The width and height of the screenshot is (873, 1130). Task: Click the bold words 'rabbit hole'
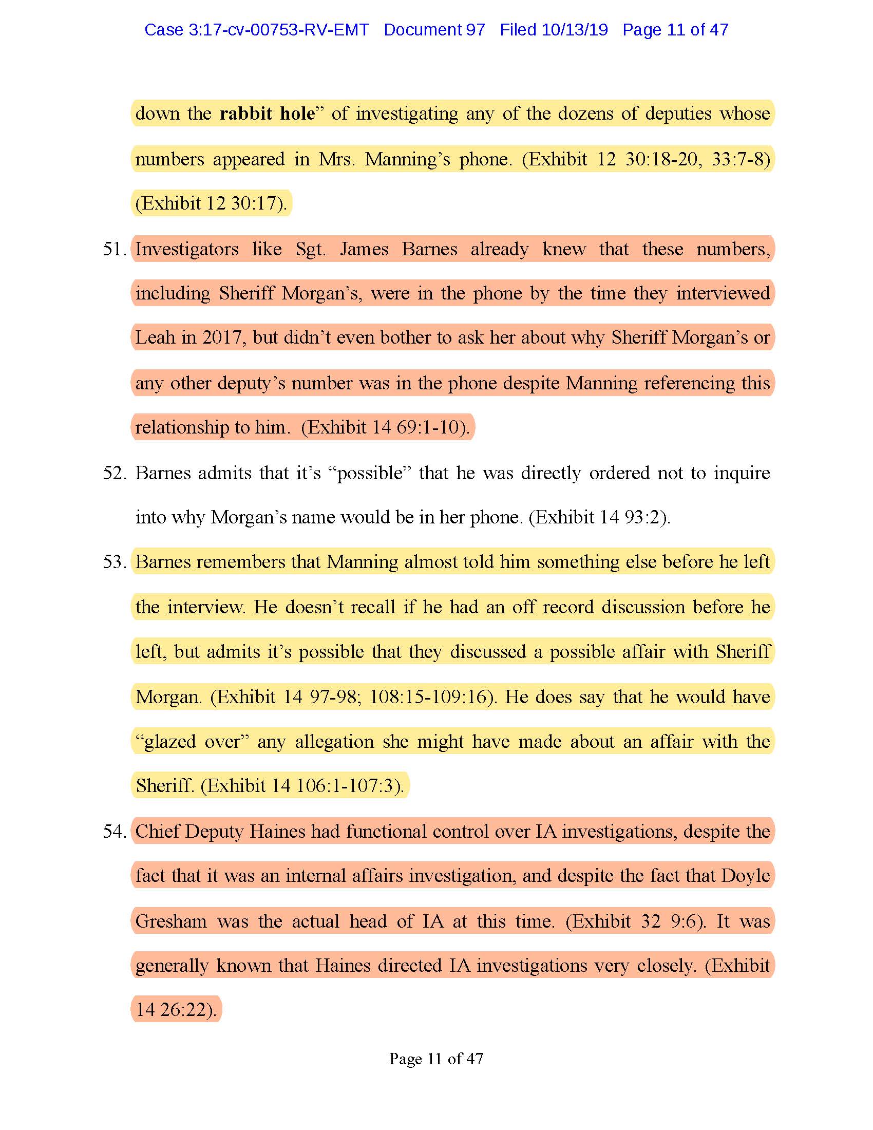point(267,114)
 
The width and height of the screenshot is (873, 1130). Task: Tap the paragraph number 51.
point(114,250)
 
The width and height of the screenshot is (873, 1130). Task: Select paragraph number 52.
point(114,473)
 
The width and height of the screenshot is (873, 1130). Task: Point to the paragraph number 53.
point(114,562)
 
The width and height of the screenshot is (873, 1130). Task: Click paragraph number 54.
point(114,832)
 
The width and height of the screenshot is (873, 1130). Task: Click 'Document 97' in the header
point(434,30)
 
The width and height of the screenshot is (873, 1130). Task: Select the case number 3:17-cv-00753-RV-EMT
point(278,30)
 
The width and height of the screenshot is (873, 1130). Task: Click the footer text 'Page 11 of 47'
point(436,1059)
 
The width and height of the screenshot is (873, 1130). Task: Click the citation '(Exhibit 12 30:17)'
point(210,203)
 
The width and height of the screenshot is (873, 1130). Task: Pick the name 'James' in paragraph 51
point(364,250)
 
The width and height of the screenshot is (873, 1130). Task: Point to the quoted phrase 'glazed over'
point(192,741)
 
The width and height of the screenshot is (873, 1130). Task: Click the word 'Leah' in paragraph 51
point(154,338)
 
